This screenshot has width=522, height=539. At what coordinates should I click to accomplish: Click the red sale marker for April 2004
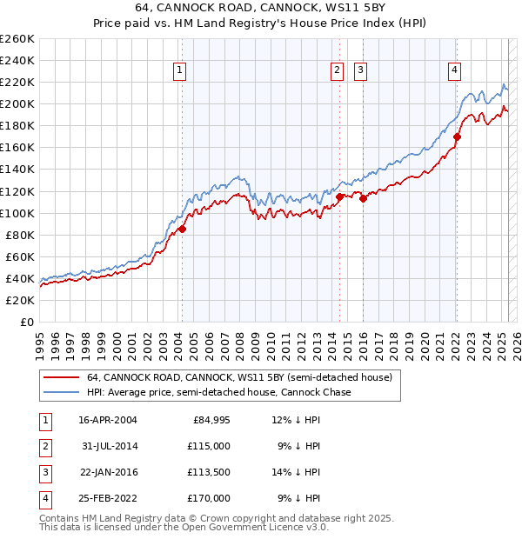pos(183,230)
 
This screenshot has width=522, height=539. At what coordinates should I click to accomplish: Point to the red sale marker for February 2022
pos(457,136)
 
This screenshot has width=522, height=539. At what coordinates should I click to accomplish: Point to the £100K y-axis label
pos(17,213)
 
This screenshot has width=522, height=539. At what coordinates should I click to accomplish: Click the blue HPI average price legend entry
pos(218,392)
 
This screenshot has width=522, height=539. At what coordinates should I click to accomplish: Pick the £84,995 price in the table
pos(211,421)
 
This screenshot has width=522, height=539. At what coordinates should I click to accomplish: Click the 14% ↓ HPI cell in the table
pos(296,472)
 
